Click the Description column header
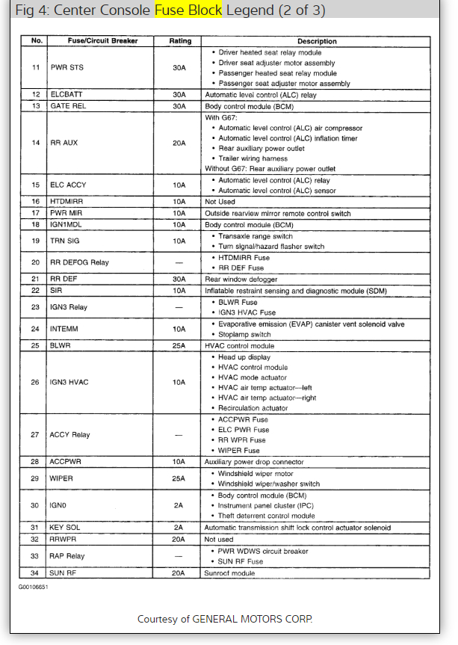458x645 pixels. pyautogui.click(x=317, y=41)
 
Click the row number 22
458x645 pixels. pyautogui.click(x=34, y=291)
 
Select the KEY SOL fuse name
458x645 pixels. pyautogui.click(x=65, y=528)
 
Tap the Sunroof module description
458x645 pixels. pyautogui.click(x=230, y=573)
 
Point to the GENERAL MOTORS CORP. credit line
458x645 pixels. pyautogui.click(x=225, y=619)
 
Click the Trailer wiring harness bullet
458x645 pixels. pyautogui.click(x=254, y=158)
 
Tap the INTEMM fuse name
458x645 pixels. pyautogui.click(x=64, y=329)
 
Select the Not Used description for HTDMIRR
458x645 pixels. pyautogui.click(x=219, y=202)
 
